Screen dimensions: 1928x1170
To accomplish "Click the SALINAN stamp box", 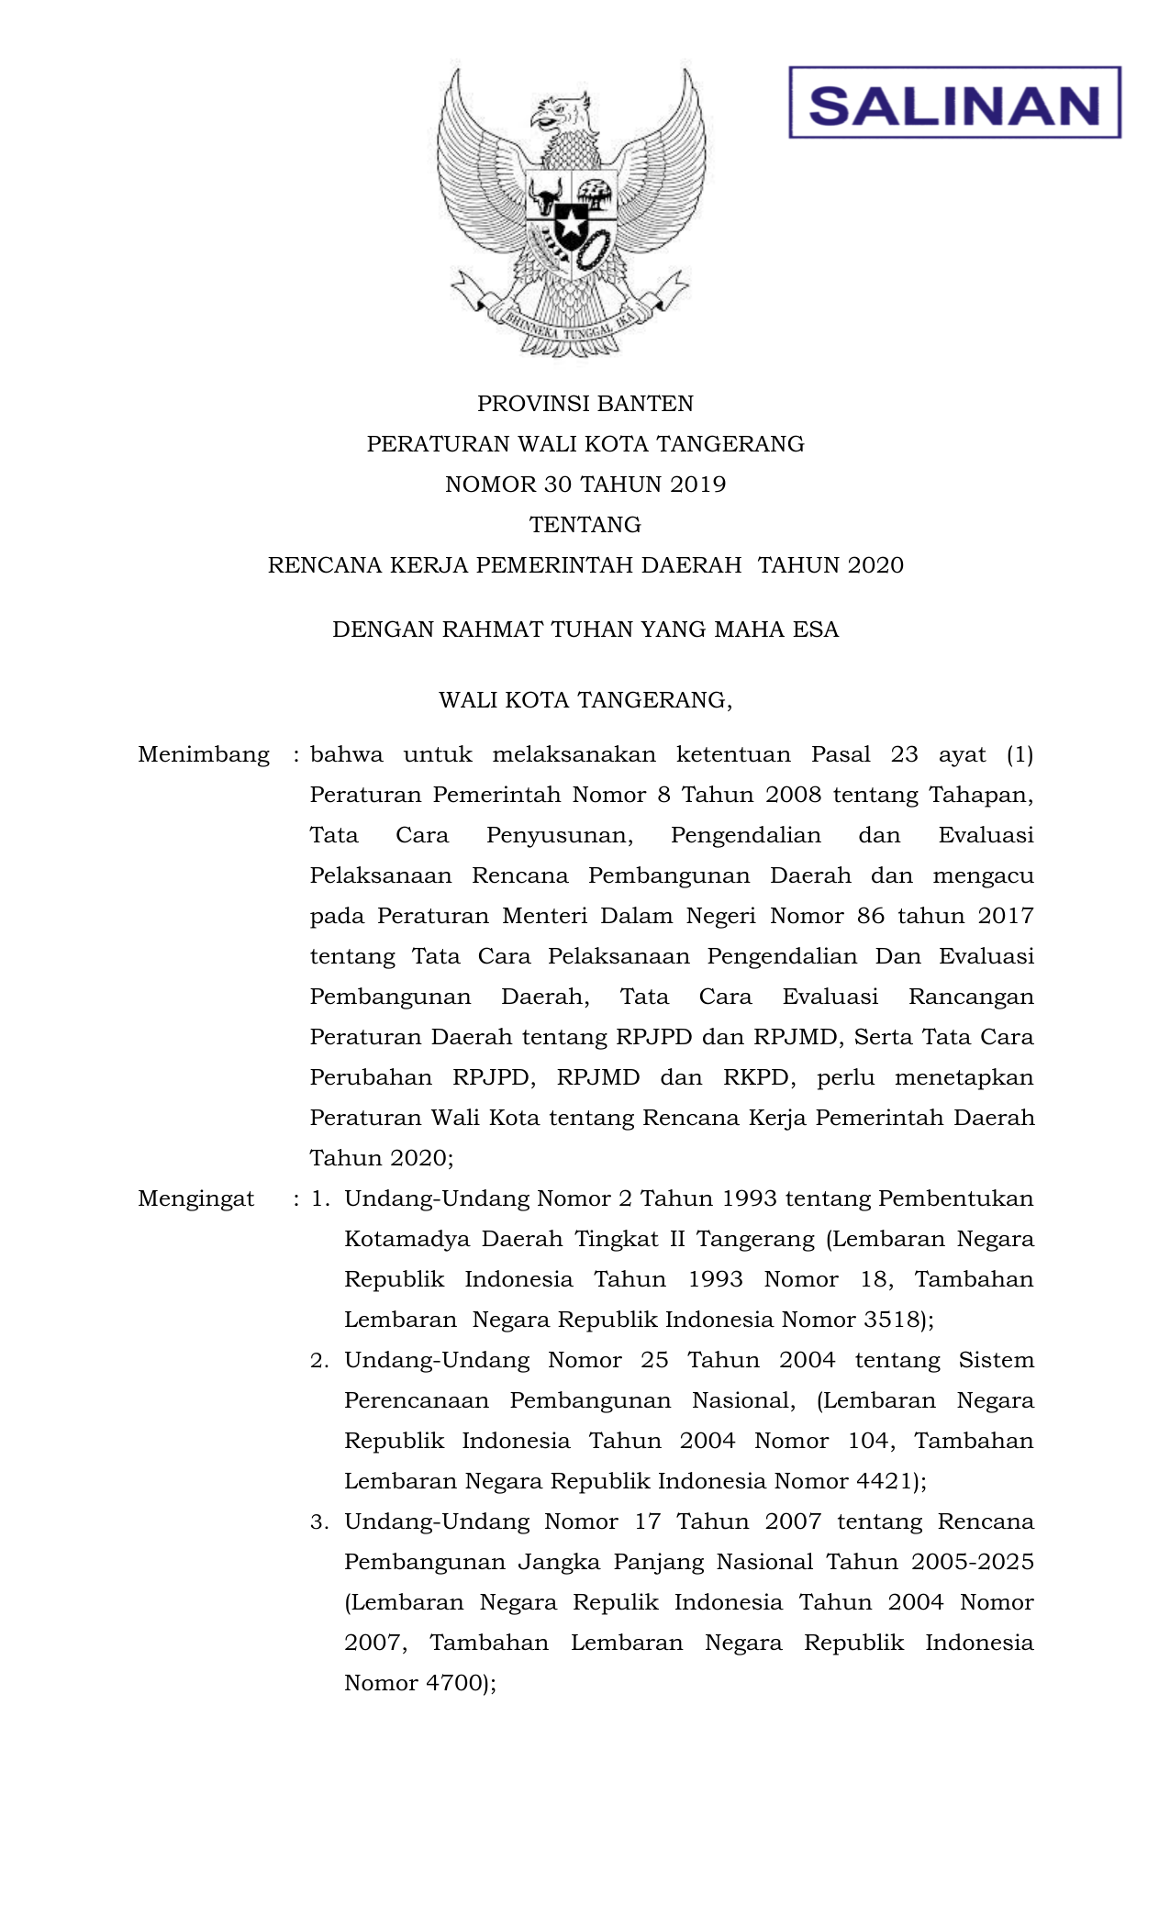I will pyautogui.click(x=954, y=103).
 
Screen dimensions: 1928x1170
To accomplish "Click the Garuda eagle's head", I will pyautogui.click(x=560, y=114).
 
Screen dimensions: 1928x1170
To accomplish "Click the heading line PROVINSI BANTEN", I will pyautogui.click(x=585, y=404).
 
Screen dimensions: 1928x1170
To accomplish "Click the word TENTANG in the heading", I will pyautogui.click(x=585, y=525).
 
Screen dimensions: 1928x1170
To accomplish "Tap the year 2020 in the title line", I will pyautogui.click(x=875, y=565).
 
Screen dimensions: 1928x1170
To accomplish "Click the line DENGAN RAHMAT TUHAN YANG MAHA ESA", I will pyautogui.click(x=585, y=630).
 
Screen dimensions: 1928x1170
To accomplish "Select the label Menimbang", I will pyautogui.click(x=204, y=755).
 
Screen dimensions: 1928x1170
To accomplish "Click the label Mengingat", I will pyautogui.click(x=196, y=1199).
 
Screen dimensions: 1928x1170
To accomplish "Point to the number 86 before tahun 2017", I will pyautogui.click(x=871, y=917).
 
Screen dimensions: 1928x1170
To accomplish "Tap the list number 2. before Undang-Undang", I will pyautogui.click(x=319, y=1361).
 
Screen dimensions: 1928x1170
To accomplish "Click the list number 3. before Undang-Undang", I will pyautogui.click(x=319, y=1522).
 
